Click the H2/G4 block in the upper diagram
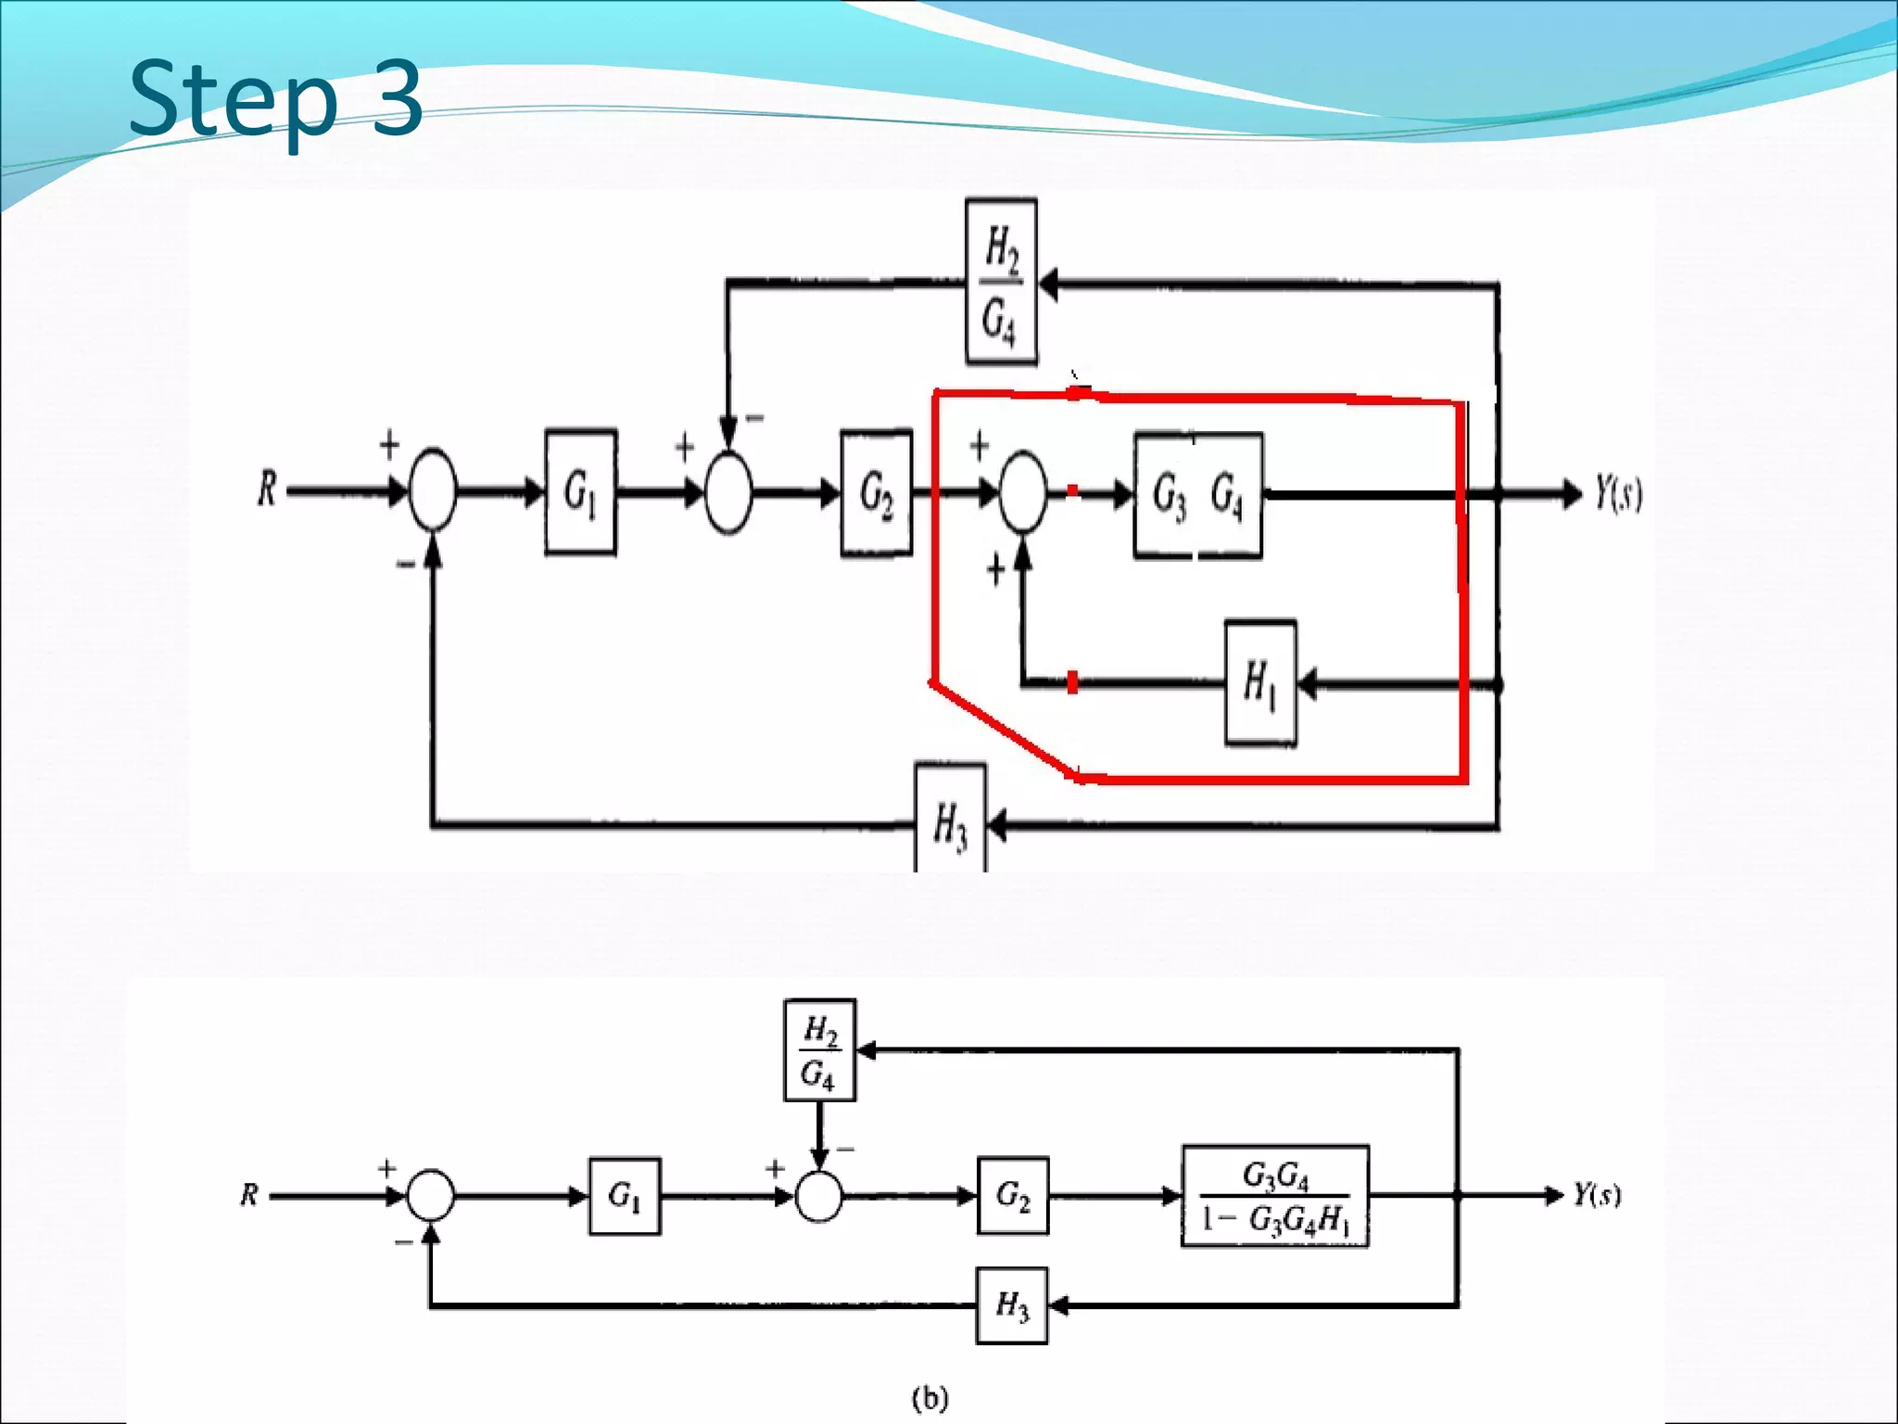[1001, 283]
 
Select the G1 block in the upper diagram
[581, 492]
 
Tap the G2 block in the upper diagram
[877, 493]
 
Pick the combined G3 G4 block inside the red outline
[1197, 495]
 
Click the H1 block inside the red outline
[1260, 684]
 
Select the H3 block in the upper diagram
[950, 820]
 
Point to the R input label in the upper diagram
[267, 489]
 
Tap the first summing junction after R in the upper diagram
[432, 491]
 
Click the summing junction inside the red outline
[1023, 493]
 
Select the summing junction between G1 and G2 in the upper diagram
[728, 493]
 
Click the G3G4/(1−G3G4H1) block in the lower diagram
[1275, 1197]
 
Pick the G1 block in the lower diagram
[625, 1196]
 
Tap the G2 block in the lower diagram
[1013, 1196]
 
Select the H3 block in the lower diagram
[1012, 1305]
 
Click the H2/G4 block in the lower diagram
[819, 1050]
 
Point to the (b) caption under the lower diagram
[930, 1397]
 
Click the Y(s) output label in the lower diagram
[1597, 1194]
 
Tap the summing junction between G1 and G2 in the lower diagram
[819, 1196]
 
